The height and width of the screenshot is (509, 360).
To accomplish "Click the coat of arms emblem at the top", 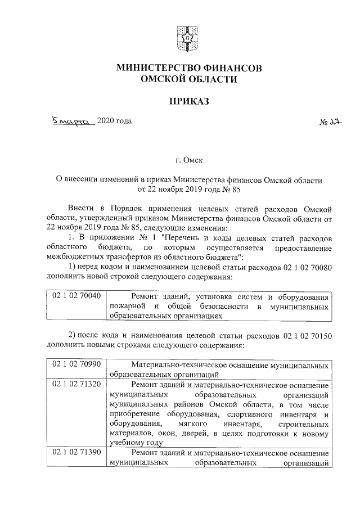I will point(188,38).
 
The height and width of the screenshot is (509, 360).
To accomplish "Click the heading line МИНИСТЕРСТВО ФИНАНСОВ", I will point(188,68).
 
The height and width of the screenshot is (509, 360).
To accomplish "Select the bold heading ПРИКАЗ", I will point(188,101).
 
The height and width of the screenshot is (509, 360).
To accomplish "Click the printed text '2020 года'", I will point(115,121).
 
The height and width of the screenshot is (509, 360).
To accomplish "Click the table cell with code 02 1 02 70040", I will point(76,295).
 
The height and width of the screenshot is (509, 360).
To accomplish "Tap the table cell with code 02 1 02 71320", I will point(76,384).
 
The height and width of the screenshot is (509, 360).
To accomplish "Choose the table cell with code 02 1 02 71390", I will point(76,453).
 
